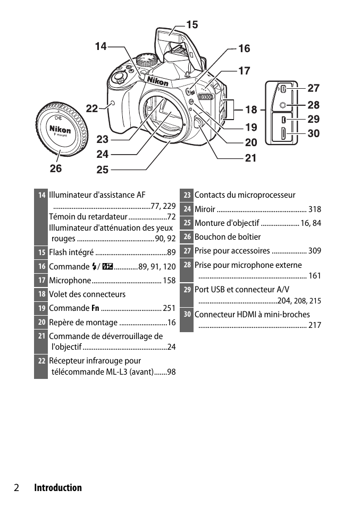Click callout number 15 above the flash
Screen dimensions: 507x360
point(192,24)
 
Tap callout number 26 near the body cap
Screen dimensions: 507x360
point(56,168)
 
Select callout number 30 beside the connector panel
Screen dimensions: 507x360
point(314,134)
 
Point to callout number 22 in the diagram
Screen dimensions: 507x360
point(92,108)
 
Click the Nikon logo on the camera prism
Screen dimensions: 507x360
point(157,81)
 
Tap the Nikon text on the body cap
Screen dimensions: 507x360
point(60,130)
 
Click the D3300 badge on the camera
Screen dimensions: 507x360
point(205,97)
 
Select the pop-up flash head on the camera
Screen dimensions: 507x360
point(171,38)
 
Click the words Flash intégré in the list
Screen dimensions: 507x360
point(71,252)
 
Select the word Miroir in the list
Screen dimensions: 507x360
point(205,209)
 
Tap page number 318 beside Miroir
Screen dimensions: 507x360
point(314,209)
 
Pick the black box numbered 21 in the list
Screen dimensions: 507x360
point(41,336)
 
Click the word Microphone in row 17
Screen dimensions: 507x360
point(70,281)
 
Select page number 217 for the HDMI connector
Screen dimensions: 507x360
point(314,325)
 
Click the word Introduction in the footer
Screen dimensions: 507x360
point(58,488)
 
